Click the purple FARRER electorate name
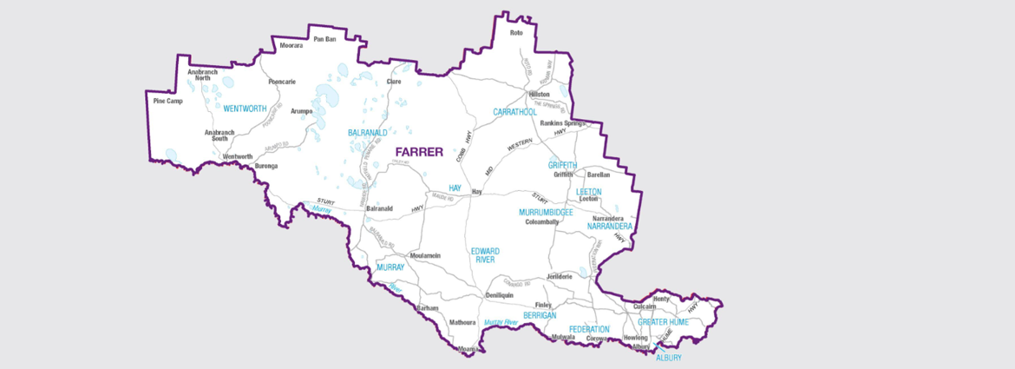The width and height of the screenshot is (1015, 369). pos(419,152)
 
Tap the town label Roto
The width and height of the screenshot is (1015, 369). pos(517,33)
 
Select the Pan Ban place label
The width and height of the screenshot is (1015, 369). pos(324,39)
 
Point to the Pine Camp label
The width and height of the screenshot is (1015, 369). pos(167,101)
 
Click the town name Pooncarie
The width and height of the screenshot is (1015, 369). pos(282,82)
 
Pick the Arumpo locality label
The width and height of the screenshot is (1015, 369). pos(301,111)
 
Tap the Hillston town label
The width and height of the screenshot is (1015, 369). pos(539,94)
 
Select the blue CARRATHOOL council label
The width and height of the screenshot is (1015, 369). pos(515,112)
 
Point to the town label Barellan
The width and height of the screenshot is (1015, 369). pos(599,175)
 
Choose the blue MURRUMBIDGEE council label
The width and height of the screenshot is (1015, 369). pos(546,212)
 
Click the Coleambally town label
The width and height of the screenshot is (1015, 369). pos(542,222)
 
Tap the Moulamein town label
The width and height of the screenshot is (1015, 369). pos(425,255)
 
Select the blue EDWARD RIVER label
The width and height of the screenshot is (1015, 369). pos(485,254)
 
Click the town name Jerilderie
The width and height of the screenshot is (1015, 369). pos(560,276)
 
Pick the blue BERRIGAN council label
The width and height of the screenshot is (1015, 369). pos(540,316)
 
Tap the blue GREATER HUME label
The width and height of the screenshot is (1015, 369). pos(663,322)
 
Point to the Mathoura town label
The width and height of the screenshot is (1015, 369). pos(462,322)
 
